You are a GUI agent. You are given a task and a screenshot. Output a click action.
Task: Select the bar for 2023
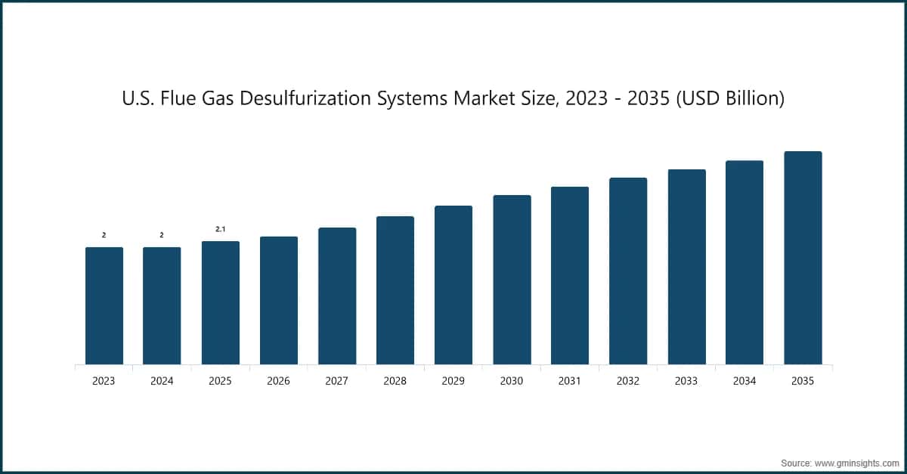pyautogui.click(x=104, y=305)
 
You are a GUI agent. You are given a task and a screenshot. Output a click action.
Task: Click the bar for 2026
pyautogui.click(x=279, y=300)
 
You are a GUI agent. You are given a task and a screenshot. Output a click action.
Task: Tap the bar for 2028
pyautogui.click(x=395, y=290)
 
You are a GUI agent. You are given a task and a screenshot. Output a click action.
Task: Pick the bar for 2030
pyautogui.click(x=512, y=280)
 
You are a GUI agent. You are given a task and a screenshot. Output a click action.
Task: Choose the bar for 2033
pyautogui.click(x=686, y=267)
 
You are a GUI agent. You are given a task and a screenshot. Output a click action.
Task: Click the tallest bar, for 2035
pyautogui.click(x=803, y=258)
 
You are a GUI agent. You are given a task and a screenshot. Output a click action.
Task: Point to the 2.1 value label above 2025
pyautogui.click(x=221, y=228)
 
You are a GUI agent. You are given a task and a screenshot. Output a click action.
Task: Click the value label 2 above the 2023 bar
pyautogui.click(x=104, y=235)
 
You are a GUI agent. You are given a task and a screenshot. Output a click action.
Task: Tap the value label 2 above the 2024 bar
pyautogui.click(x=162, y=235)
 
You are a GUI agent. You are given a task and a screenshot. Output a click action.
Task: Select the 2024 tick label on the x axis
pyautogui.click(x=162, y=382)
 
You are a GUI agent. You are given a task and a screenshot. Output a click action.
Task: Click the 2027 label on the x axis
pyautogui.click(x=337, y=382)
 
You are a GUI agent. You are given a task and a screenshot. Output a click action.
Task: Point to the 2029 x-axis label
pyautogui.click(x=453, y=382)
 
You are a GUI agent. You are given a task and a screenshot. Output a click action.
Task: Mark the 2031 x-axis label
pyautogui.click(x=570, y=382)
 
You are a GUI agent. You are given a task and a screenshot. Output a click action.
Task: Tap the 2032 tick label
pyautogui.click(x=628, y=382)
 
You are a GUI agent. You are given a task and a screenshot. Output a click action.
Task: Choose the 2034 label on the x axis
pyautogui.click(x=744, y=382)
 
